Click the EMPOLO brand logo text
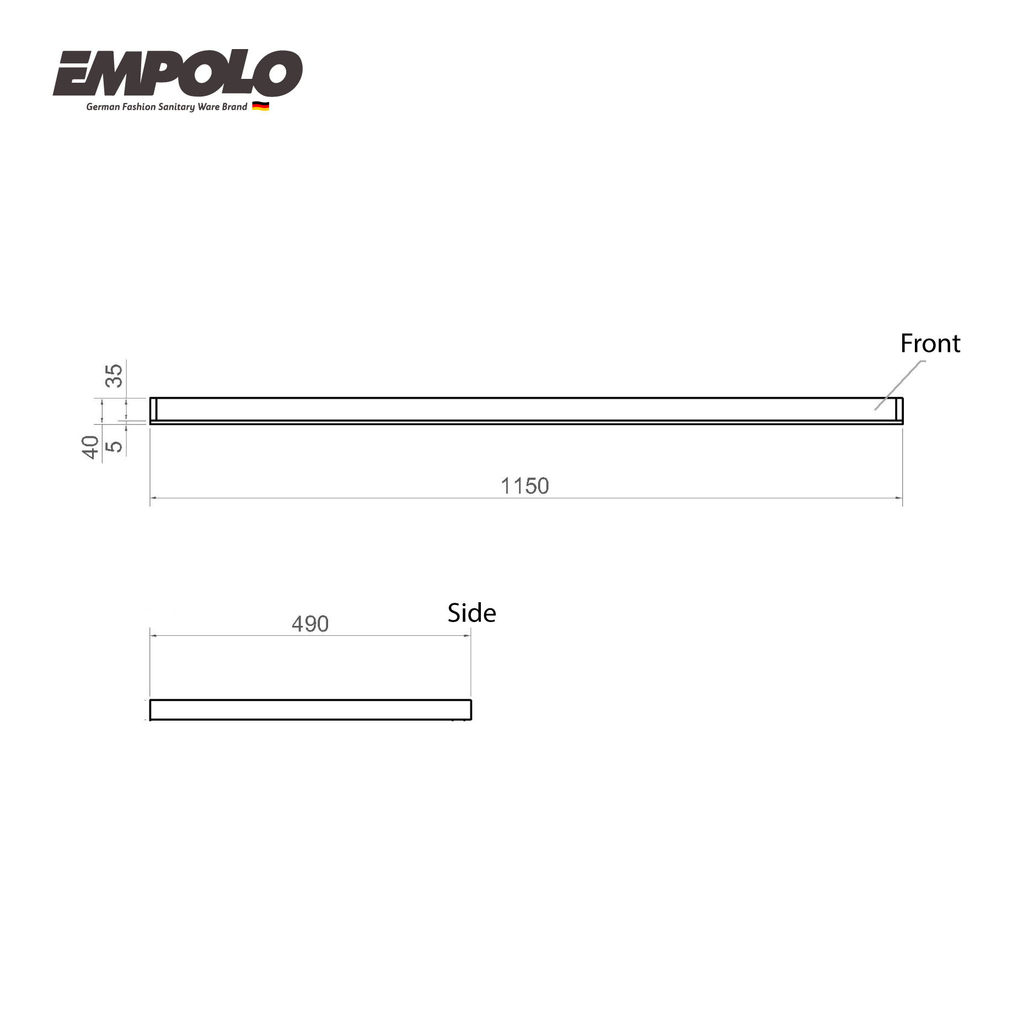(178, 73)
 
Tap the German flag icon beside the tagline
(261, 106)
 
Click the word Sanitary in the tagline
(176, 107)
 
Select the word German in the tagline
(103, 107)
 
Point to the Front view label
(930, 344)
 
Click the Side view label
(472, 613)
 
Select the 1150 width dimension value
(525, 486)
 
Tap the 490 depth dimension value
(310, 624)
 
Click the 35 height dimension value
(114, 376)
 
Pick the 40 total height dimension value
(90, 447)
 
